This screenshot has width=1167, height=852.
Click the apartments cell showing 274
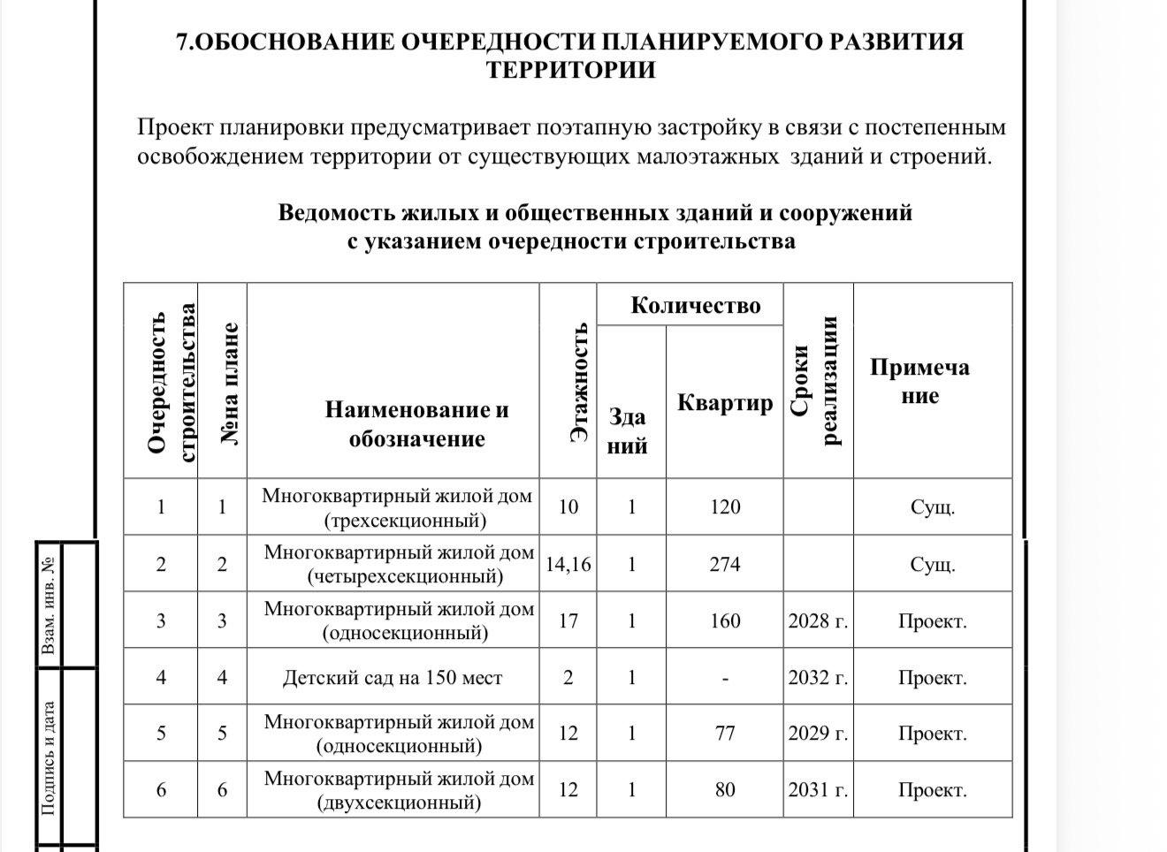pyautogui.click(x=724, y=564)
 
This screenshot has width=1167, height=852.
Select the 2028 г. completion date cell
pyautogui.click(x=818, y=621)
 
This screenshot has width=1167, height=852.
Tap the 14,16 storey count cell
pyautogui.click(x=568, y=564)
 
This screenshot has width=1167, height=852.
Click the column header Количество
pyautogui.click(x=695, y=306)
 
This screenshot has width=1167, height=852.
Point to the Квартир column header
pyautogui.click(x=724, y=403)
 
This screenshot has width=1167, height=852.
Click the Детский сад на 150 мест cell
pyautogui.click(x=393, y=678)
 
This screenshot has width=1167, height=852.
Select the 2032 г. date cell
pyautogui.click(x=818, y=678)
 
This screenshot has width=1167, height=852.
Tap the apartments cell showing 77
pyautogui.click(x=724, y=734)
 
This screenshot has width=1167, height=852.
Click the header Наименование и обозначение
pyautogui.click(x=416, y=424)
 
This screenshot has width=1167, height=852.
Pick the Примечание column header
pyautogui.click(x=919, y=381)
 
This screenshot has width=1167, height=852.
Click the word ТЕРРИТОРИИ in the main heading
pyautogui.click(x=570, y=70)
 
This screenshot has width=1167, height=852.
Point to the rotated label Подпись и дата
pyautogui.click(x=50, y=758)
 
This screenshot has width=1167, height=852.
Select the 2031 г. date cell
pyautogui.click(x=818, y=790)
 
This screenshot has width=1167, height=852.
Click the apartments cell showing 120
pyautogui.click(x=724, y=507)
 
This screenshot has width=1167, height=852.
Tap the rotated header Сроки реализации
pyautogui.click(x=816, y=382)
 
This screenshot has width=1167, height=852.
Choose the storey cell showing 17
pyautogui.click(x=568, y=621)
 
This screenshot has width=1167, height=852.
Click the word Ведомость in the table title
pyautogui.click(x=337, y=213)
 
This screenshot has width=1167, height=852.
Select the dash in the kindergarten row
pyautogui.click(x=724, y=679)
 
